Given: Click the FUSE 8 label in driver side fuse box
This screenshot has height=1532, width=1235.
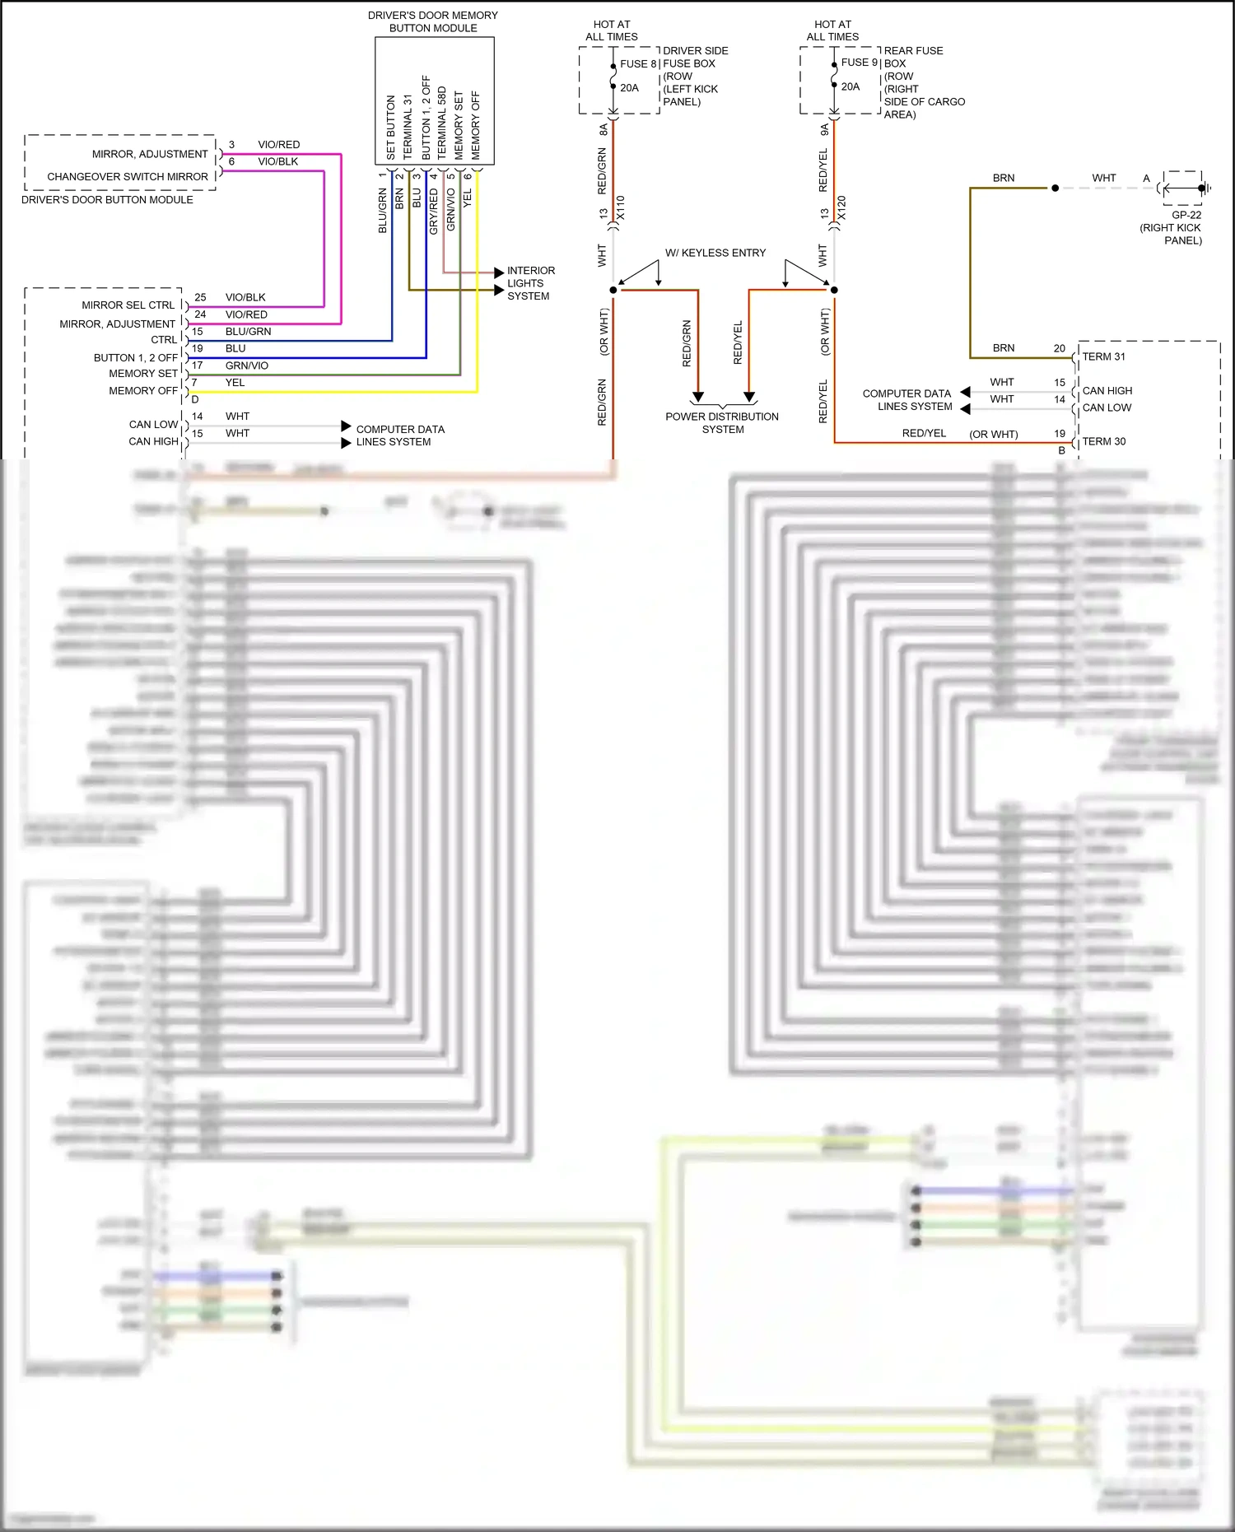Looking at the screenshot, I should coord(638,63).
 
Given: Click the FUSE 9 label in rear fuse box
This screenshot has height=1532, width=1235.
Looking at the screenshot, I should coord(859,63).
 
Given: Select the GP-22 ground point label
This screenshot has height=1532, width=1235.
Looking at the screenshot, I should coord(1186,215).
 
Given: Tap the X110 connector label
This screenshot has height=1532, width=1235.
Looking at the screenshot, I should coord(621,207).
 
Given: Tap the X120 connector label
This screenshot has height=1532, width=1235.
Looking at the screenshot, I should coord(841,207).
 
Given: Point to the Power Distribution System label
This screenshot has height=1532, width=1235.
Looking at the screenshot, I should coord(722,423).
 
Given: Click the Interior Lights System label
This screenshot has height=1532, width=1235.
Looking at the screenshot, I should coord(530,283).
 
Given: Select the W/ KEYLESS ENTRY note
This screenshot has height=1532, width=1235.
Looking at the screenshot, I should coord(715,253).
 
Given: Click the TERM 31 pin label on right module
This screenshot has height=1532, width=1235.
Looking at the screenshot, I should coord(1103,356).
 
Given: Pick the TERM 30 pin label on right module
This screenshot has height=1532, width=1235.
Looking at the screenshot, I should coord(1103,441).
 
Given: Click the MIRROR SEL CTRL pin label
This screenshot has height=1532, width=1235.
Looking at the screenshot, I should coord(128,305).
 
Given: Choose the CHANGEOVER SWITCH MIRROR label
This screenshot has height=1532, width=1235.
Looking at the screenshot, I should coord(128,177).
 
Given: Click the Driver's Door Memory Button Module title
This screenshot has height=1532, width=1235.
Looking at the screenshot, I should coord(433,21).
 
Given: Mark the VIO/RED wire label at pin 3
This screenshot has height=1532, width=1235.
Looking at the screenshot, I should coord(278,145).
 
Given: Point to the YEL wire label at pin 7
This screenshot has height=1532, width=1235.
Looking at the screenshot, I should coord(235,383).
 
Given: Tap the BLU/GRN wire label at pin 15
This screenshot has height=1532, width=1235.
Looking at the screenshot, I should coord(248,332).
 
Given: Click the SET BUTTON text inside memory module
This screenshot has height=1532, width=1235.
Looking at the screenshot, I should coord(391,127).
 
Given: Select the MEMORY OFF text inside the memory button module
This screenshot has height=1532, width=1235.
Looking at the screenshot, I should coord(476,125).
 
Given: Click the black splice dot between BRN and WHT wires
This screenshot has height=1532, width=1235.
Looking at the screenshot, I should coord(1055,189).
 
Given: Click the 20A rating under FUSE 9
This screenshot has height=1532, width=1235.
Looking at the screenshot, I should coord(850,86).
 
